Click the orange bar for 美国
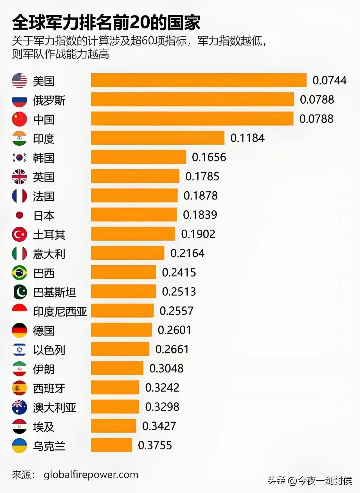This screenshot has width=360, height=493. pyautogui.click(x=199, y=80)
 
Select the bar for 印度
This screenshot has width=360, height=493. pyautogui.click(x=157, y=138)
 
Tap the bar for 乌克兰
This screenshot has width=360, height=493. pyautogui.click(x=111, y=445)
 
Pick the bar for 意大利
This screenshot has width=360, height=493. pyautogui.click(x=127, y=253)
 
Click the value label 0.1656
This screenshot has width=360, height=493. pyautogui.click(x=209, y=157)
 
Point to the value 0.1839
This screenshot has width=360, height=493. pyautogui.click(x=200, y=215)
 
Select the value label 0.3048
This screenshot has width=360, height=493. pyautogui.click(x=166, y=368)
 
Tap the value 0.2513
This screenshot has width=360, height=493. pyautogui.click(x=179, y=292)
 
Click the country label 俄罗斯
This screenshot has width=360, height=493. pyautogui.click(x=49, y=100)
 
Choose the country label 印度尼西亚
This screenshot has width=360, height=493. pyautogui.click(x=60, y=312)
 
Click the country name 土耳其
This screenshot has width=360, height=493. pyautogui.click(x=49, y=235)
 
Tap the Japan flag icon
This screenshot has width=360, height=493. pyautogui.click(x=19, y=215)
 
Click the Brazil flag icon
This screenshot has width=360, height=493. pyautogui.click(x=19, y=273)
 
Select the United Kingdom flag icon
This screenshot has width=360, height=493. pyautogui.click(x=19, y=177)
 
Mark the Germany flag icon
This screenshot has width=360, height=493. pyautogui.click(x=19, y=330)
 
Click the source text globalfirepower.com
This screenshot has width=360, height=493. pyautogui.click(x=91, y=475)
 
